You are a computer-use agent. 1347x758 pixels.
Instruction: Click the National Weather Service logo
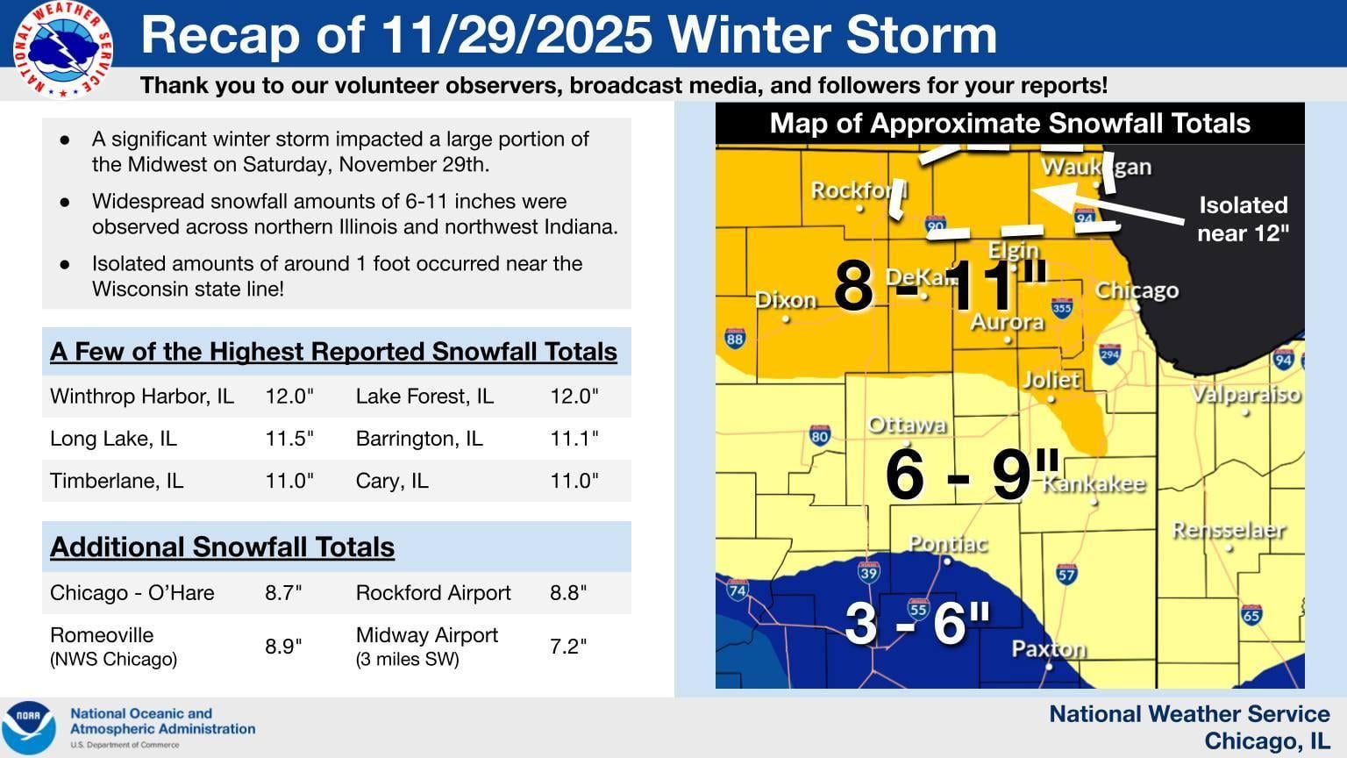(62, 49)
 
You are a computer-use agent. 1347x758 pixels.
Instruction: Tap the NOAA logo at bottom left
(28, 727)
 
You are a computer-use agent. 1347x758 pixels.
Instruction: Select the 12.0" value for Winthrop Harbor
(289, 397)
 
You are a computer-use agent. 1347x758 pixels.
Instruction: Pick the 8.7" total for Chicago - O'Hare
(283, 593)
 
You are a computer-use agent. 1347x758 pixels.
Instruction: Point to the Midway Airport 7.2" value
(568, 647)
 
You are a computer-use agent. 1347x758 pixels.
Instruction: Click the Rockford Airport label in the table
(433, 593)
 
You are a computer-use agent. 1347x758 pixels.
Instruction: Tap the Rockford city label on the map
(859, 190)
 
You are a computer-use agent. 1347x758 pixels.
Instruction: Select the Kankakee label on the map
(1094, 484)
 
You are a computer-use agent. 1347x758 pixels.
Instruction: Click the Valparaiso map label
(1245, 395)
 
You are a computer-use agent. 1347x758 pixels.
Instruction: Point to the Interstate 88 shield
(735, 339)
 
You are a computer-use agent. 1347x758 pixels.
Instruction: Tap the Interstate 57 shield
(1066, 575)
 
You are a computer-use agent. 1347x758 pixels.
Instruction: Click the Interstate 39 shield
(868, 573)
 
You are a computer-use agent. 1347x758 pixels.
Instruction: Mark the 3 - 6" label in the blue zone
(917, 623)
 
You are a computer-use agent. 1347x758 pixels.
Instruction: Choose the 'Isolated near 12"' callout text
(1243, 218)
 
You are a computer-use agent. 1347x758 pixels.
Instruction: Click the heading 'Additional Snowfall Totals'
(222, 547)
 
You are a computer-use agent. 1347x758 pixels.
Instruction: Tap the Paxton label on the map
(1049, 649)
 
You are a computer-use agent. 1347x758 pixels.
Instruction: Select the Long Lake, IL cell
(113, 439)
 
